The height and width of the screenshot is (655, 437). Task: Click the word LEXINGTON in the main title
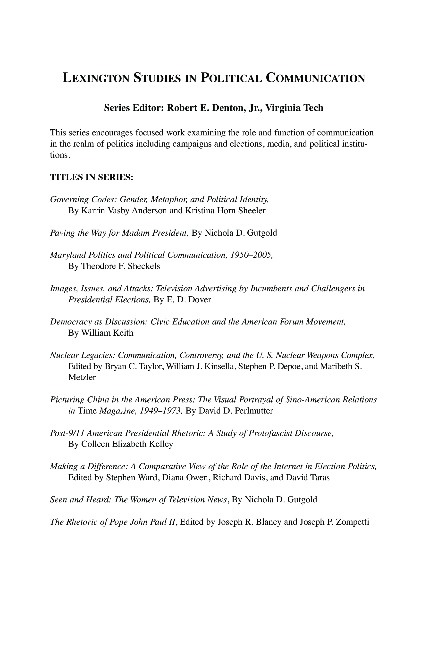[x=96, y=78]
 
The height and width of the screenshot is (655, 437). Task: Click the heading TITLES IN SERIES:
[x=92, y=177]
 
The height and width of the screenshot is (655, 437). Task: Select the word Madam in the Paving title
[x=136, y=233]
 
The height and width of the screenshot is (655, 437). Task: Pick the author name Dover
[x=200, y=299]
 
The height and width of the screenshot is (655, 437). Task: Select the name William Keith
[x=107, y=333]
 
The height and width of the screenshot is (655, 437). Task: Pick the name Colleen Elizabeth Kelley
[x=127, y=444]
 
